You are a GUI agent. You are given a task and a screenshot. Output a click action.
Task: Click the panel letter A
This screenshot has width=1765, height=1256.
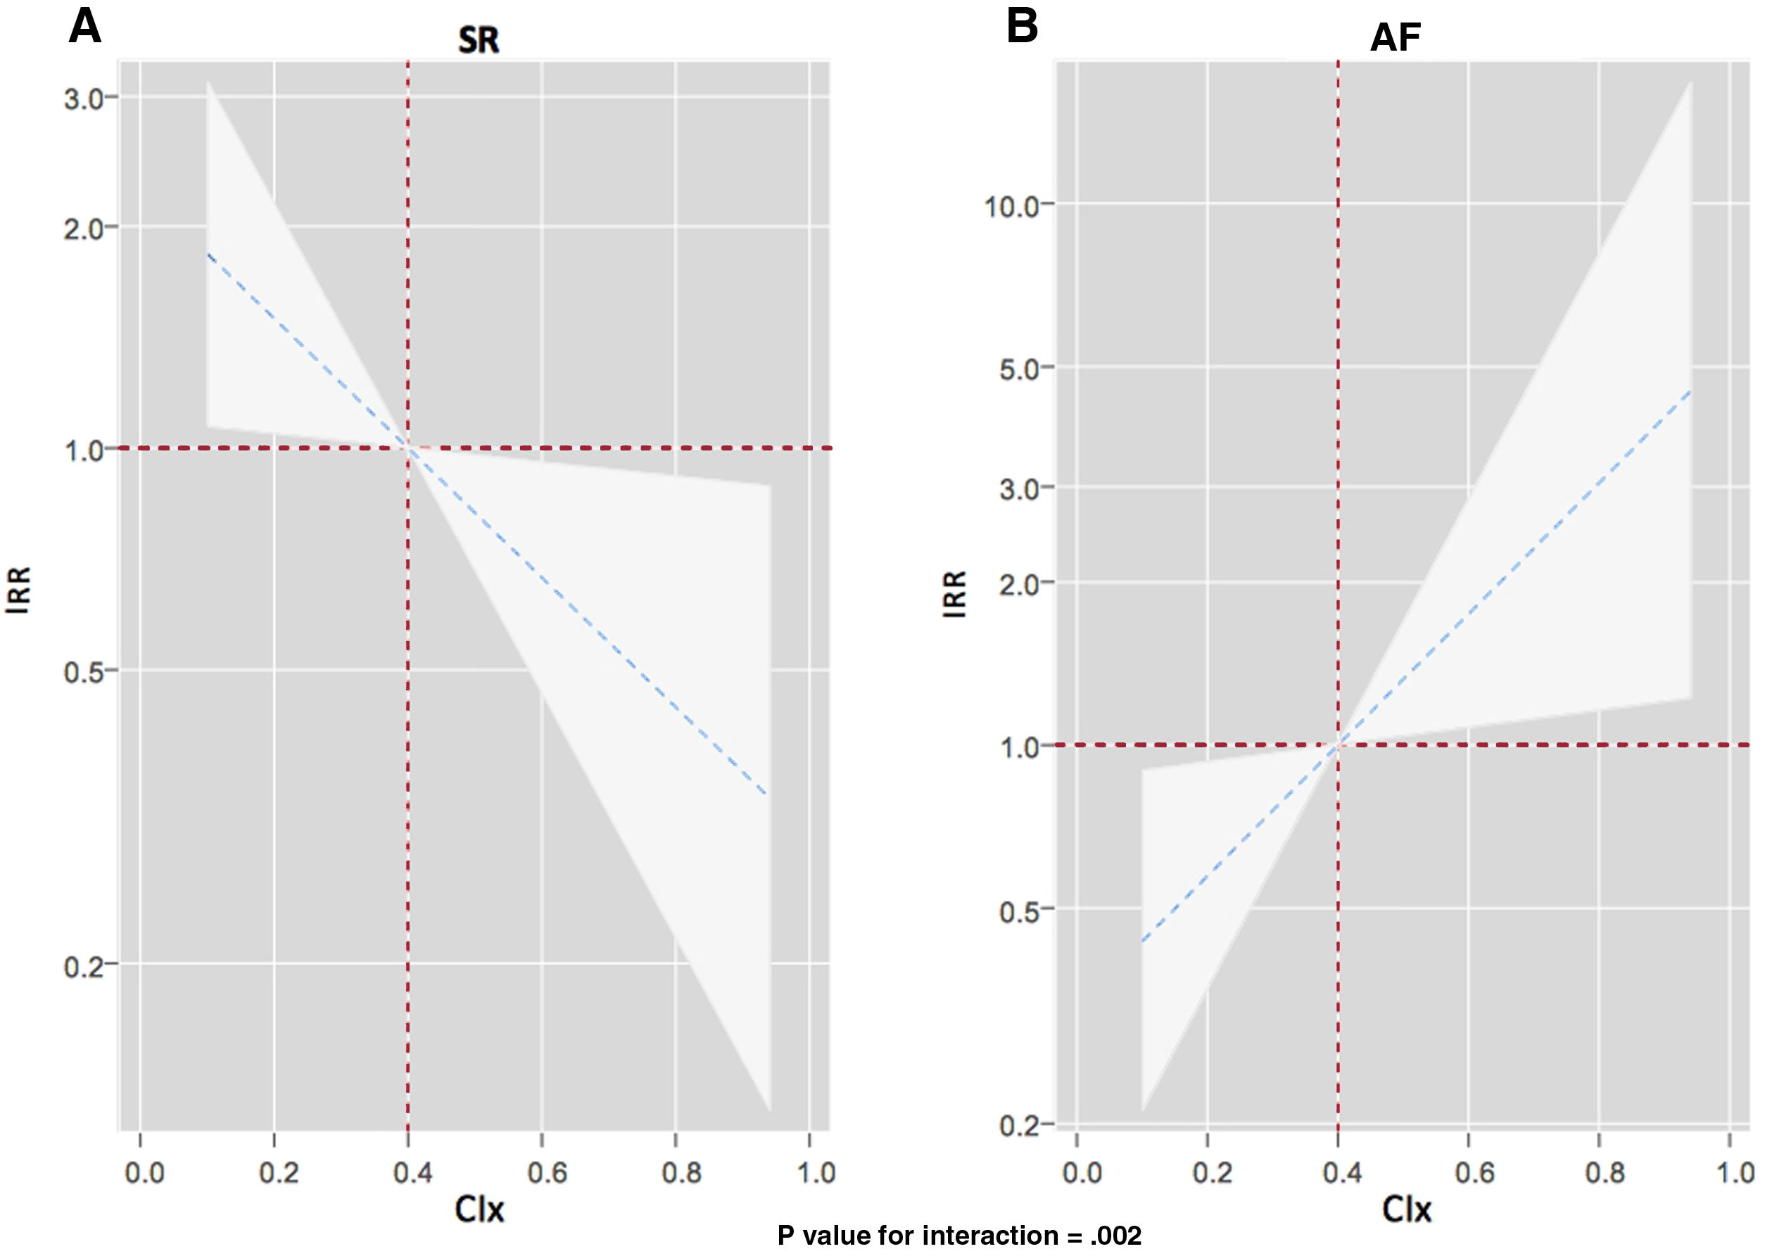(x=85, y=28)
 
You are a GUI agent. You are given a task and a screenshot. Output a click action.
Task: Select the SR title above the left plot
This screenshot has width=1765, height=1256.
(x=478, y=40)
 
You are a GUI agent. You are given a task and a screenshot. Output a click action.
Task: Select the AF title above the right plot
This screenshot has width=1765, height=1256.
(x=1396, y=37)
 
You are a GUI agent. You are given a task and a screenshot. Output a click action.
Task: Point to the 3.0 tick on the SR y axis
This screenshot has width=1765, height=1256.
(x=84, y=99)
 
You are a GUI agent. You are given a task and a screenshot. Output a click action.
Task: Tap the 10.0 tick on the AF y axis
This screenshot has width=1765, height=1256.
(x=1011, y=206)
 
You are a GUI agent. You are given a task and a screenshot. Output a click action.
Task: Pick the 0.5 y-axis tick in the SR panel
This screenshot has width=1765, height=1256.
(x=84, y=672)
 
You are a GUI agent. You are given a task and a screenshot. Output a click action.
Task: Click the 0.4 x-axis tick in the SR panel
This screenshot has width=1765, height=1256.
(x=412, y=1173)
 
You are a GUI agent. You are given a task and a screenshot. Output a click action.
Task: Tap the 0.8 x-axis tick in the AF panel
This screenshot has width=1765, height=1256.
(x=1604, y=1173)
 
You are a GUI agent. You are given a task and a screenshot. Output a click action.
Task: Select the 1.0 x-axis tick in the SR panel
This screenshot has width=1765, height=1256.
(x=816, y=1173)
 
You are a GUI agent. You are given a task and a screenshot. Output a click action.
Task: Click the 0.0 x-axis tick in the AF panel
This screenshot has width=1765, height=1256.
(x=1081, y=1173)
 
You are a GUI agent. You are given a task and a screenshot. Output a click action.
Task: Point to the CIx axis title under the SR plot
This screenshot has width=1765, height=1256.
(x=479, y=1210)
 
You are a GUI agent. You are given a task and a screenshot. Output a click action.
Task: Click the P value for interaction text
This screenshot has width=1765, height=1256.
(x=959, y=1236)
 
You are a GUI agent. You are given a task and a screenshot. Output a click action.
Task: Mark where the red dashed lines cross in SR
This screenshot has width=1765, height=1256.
(x=407, y=448)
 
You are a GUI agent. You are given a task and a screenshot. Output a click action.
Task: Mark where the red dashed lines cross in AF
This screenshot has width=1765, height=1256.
(x=1338, y=744)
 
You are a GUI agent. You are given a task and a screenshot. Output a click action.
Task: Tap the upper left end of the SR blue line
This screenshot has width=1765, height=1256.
(x=208, y=254)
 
